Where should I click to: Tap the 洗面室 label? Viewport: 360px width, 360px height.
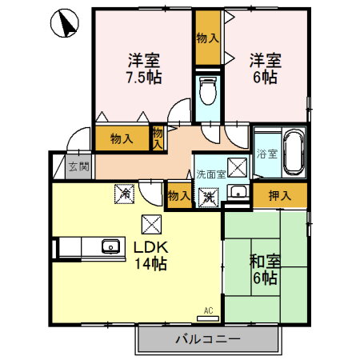(x=211, y=174)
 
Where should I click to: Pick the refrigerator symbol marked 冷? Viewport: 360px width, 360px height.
(x=125, y=193)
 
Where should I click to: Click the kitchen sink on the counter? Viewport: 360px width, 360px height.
(x=110, y=247)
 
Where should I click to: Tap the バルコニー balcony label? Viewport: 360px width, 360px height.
(x=208, y=339)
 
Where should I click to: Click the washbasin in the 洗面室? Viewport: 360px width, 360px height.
(x=238, y=191)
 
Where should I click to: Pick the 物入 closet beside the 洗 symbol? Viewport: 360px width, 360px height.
(x=178, y=195)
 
